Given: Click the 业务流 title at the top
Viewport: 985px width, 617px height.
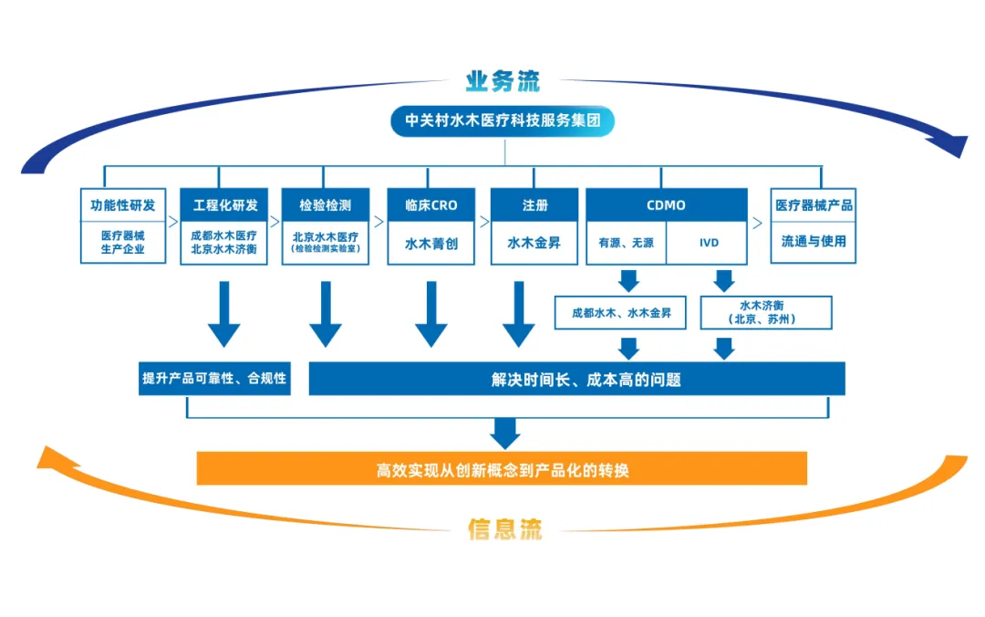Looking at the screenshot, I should [x=503, y=81].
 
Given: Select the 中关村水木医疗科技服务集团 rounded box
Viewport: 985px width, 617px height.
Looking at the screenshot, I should [x=503, y=121].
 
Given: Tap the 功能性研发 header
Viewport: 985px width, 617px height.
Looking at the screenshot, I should [x=122, y=205].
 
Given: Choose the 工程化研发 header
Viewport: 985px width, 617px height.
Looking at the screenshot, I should [x=224, y=205].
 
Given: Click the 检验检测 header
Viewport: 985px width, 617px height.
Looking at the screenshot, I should [x=326, y=205].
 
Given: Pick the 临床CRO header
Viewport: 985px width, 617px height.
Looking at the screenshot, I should [x=430, y=205].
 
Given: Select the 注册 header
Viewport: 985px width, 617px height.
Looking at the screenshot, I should [x=534, y=205].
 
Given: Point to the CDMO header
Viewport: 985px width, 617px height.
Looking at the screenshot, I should [x=666, y=205].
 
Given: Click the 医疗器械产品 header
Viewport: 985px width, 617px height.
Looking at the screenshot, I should [x=814, y=205].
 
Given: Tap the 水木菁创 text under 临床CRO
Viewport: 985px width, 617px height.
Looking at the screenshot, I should [x=430, y=244].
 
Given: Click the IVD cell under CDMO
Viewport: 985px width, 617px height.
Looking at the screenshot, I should [x=709, y=244].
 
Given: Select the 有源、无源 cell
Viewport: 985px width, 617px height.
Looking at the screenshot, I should [x=626, y=244].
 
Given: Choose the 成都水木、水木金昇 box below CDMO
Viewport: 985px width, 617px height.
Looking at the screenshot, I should [x=621, y=313].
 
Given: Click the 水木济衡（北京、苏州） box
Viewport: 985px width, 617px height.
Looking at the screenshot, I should [x=766, y=312].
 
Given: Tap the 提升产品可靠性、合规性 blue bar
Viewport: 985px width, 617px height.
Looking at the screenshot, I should [x=214, y=378].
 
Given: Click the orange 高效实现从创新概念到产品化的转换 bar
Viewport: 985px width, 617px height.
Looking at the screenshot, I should [x=503, y=469].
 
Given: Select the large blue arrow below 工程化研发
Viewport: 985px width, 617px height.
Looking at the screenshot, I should [x=224, y=315].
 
